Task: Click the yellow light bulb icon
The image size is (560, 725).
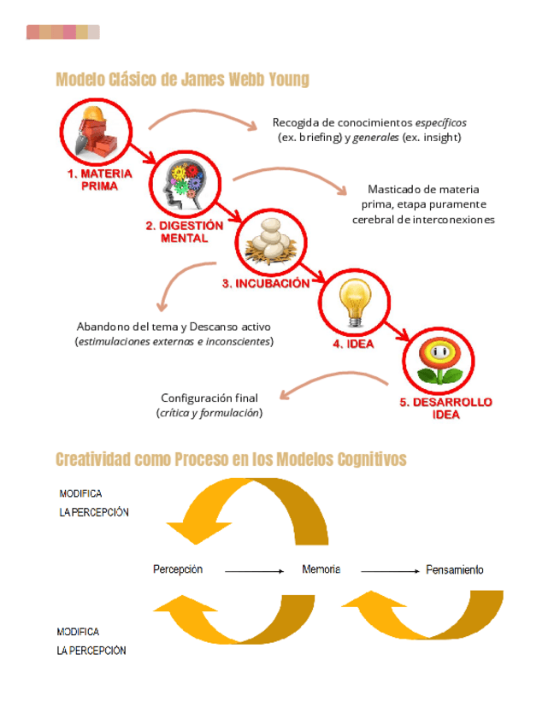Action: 354,303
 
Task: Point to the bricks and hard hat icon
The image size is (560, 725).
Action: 97,132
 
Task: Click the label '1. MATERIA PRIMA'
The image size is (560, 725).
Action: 100,180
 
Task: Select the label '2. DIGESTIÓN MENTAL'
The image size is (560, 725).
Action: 184,232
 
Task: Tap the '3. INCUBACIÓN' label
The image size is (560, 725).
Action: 266,284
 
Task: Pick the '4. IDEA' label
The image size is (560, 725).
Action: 351,344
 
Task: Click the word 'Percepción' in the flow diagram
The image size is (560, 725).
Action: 178,569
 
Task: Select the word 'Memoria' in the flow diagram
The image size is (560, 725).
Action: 321,569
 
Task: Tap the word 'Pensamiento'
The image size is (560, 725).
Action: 454,569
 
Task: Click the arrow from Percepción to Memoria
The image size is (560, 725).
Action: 254,570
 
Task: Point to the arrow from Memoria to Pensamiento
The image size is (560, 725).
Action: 390,570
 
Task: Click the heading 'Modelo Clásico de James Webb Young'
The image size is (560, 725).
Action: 182,80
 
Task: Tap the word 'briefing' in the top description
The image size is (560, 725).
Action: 321,137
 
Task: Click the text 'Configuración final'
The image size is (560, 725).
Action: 209,398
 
